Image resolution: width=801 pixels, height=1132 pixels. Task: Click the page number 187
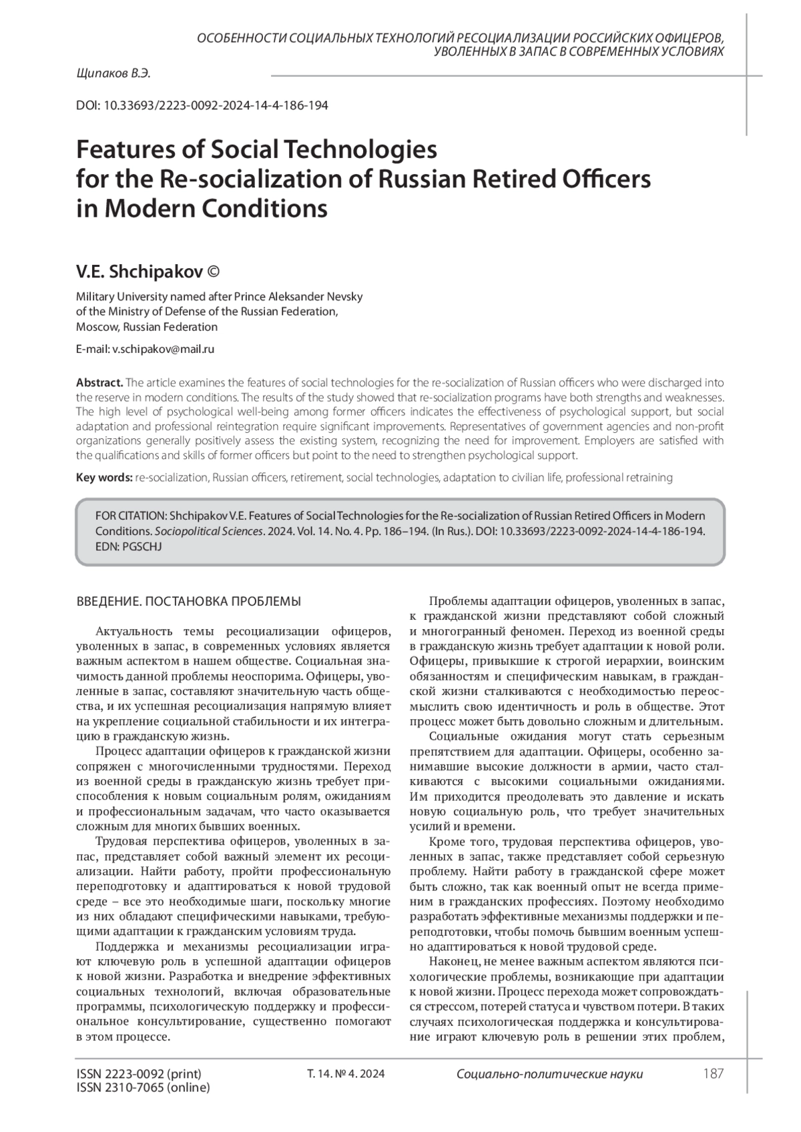point(713,1074)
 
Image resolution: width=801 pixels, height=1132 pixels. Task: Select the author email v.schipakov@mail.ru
point(163,349)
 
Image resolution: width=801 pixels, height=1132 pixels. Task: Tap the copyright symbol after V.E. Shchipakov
point(214,272)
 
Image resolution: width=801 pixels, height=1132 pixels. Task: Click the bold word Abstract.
point(99,383)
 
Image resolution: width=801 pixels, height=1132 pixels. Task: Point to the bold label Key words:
point(104,478)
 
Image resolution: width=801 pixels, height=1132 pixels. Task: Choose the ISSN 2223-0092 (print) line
point(139,1074)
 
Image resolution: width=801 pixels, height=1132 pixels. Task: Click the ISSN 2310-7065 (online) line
point(144,1088)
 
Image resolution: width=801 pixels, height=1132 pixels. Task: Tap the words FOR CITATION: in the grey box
point(131,516)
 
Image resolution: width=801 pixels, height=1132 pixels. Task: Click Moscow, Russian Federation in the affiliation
point(147,327)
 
